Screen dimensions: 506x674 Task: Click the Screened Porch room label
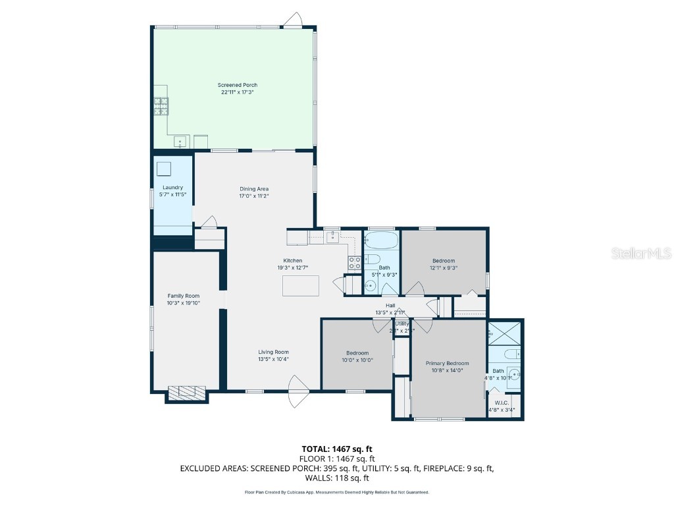point(238,85)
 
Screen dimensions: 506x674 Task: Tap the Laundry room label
point(172,188)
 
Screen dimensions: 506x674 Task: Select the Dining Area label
point(254,189)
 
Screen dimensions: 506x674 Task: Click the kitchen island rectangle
point(301,286)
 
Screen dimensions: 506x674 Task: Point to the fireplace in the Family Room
point(187,393)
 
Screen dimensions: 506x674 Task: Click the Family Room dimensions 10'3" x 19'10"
point(183,303)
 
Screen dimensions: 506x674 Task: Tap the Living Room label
point(273,352)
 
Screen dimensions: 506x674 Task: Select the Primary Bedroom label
point(447,364)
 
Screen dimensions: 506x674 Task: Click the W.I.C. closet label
point(502,403)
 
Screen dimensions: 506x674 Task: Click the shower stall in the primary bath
point(505,333)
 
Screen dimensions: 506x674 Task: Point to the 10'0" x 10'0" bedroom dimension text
point(357,360)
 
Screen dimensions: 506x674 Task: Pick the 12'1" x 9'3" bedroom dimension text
point(444,268)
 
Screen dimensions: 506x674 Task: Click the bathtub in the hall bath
point(381,239)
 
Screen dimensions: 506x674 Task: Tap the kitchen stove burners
point(354,263)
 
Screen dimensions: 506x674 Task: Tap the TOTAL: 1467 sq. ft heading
point(336,449)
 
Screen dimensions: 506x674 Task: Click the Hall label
point(390,305)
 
